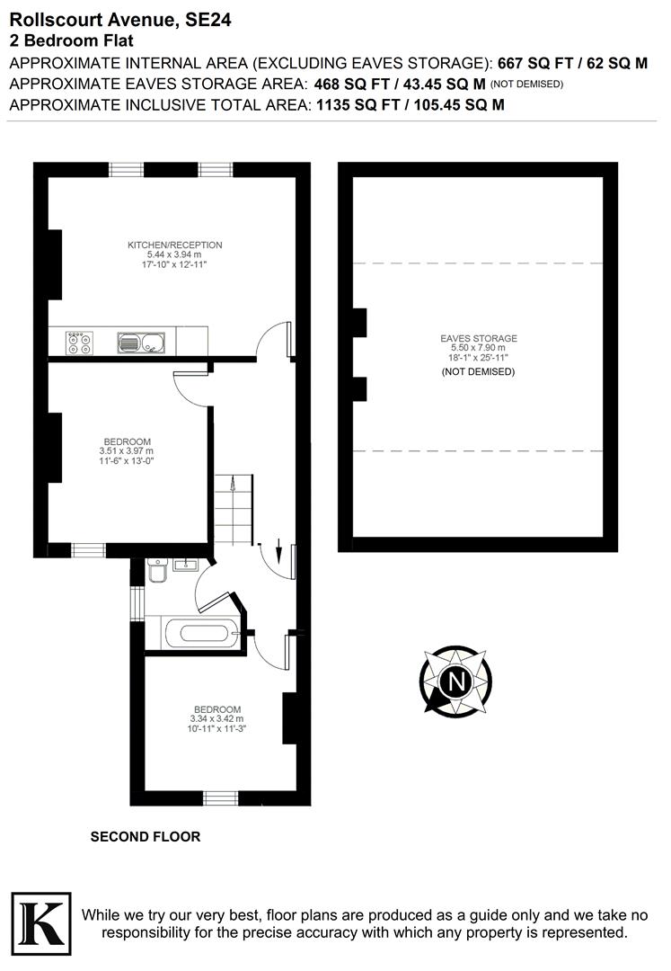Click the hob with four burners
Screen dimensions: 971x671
[79, 342]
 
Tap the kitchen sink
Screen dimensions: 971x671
[140, 342]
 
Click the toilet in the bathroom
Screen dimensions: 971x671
[156, 572]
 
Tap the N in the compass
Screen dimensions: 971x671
[456, 680]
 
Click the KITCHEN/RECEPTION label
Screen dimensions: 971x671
[174, 245]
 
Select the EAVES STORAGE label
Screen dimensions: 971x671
[479, 339]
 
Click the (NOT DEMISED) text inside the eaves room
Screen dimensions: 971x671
[479, 371]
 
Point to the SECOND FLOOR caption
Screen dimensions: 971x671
[146, 837]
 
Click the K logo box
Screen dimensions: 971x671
[40, 919]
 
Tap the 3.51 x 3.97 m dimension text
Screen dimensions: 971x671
[126, 451]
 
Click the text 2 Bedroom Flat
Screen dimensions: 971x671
[71, 40]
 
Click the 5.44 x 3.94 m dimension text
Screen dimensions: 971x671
[174, 255]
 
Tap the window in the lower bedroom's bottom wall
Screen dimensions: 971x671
[221, 797]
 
